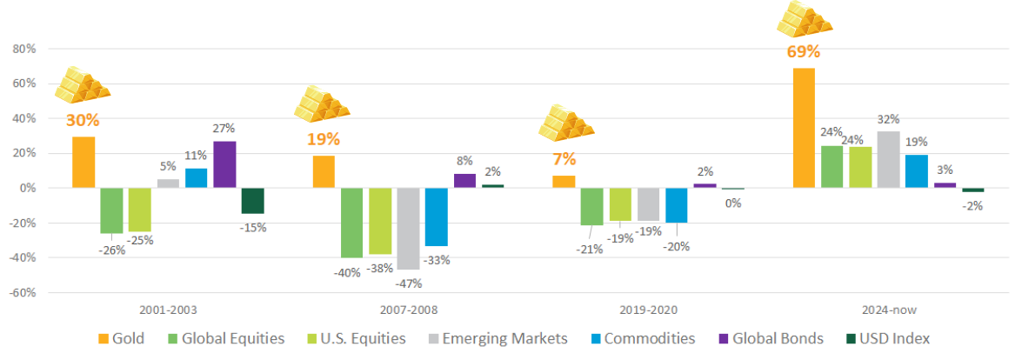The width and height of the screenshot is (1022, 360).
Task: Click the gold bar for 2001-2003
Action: pos(83,162)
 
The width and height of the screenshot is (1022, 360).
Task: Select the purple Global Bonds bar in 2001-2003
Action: pos(224,164)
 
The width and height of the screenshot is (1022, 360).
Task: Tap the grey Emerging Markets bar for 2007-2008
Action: pos(408,228)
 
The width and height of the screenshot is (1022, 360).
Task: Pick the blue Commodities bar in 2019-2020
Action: pos(677,205)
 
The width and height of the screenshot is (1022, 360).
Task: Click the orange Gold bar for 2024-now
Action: pos(804,128)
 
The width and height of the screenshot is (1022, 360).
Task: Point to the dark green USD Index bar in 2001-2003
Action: pos(252,201)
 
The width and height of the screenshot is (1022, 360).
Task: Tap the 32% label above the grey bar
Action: pos(888,119)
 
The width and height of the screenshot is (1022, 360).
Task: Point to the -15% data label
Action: pos(253,227)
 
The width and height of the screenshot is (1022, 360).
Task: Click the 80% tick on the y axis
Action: pos(23,49)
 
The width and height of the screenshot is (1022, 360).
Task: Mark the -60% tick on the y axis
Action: pos(21,292)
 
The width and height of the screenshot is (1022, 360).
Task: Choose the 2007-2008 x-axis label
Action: pos(409,310)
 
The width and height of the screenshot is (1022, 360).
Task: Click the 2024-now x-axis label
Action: pos(888,310)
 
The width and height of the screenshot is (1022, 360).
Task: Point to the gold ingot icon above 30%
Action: pos(83,83)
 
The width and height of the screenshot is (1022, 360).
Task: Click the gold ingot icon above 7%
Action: pos(565,121)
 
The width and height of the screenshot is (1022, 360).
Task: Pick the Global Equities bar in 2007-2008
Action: pos(351,223)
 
